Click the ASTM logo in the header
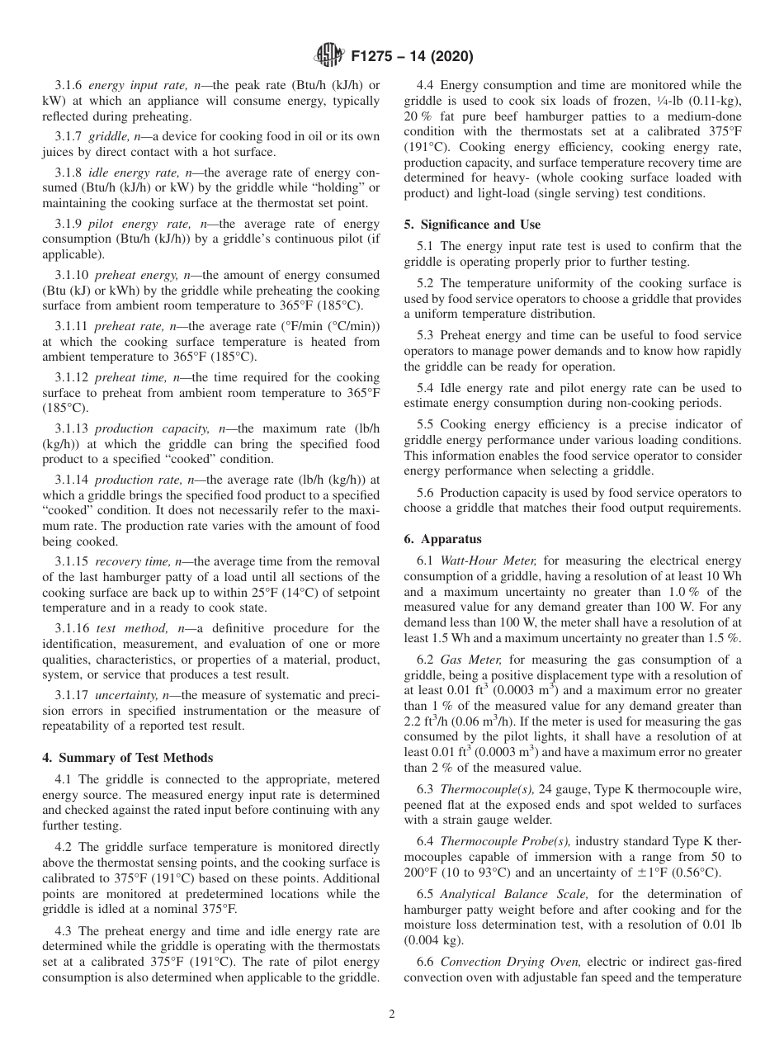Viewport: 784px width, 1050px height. [x=330, y=57]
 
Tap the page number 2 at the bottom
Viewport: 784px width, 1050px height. [x=392, y=1015]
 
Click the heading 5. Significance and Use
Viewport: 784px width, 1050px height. [x=472, y=224]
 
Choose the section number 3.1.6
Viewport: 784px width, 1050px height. [x=68, y=85]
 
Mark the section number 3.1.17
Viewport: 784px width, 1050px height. [x=72, y=695]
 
